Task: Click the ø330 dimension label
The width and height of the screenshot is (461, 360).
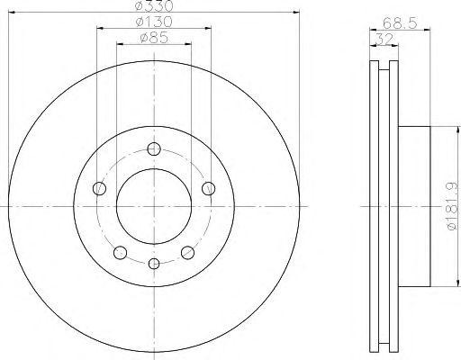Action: tap(154, 7)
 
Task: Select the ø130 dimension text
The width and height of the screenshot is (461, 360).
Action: tap(154, 22)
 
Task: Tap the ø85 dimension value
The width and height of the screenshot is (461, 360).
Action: tap(154, 38)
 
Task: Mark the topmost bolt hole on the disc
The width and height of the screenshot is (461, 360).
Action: tap(154, 149)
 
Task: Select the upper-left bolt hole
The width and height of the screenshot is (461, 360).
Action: tap(100, 188)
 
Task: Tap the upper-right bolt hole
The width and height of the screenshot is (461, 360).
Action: tap(208, 188)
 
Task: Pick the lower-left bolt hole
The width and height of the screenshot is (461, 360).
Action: tap(121, 251)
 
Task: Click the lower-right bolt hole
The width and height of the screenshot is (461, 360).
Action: tap(187, 251)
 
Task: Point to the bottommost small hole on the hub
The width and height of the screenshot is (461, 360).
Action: tap(154, 263)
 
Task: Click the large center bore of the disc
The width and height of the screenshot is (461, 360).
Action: tap(154, 206)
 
